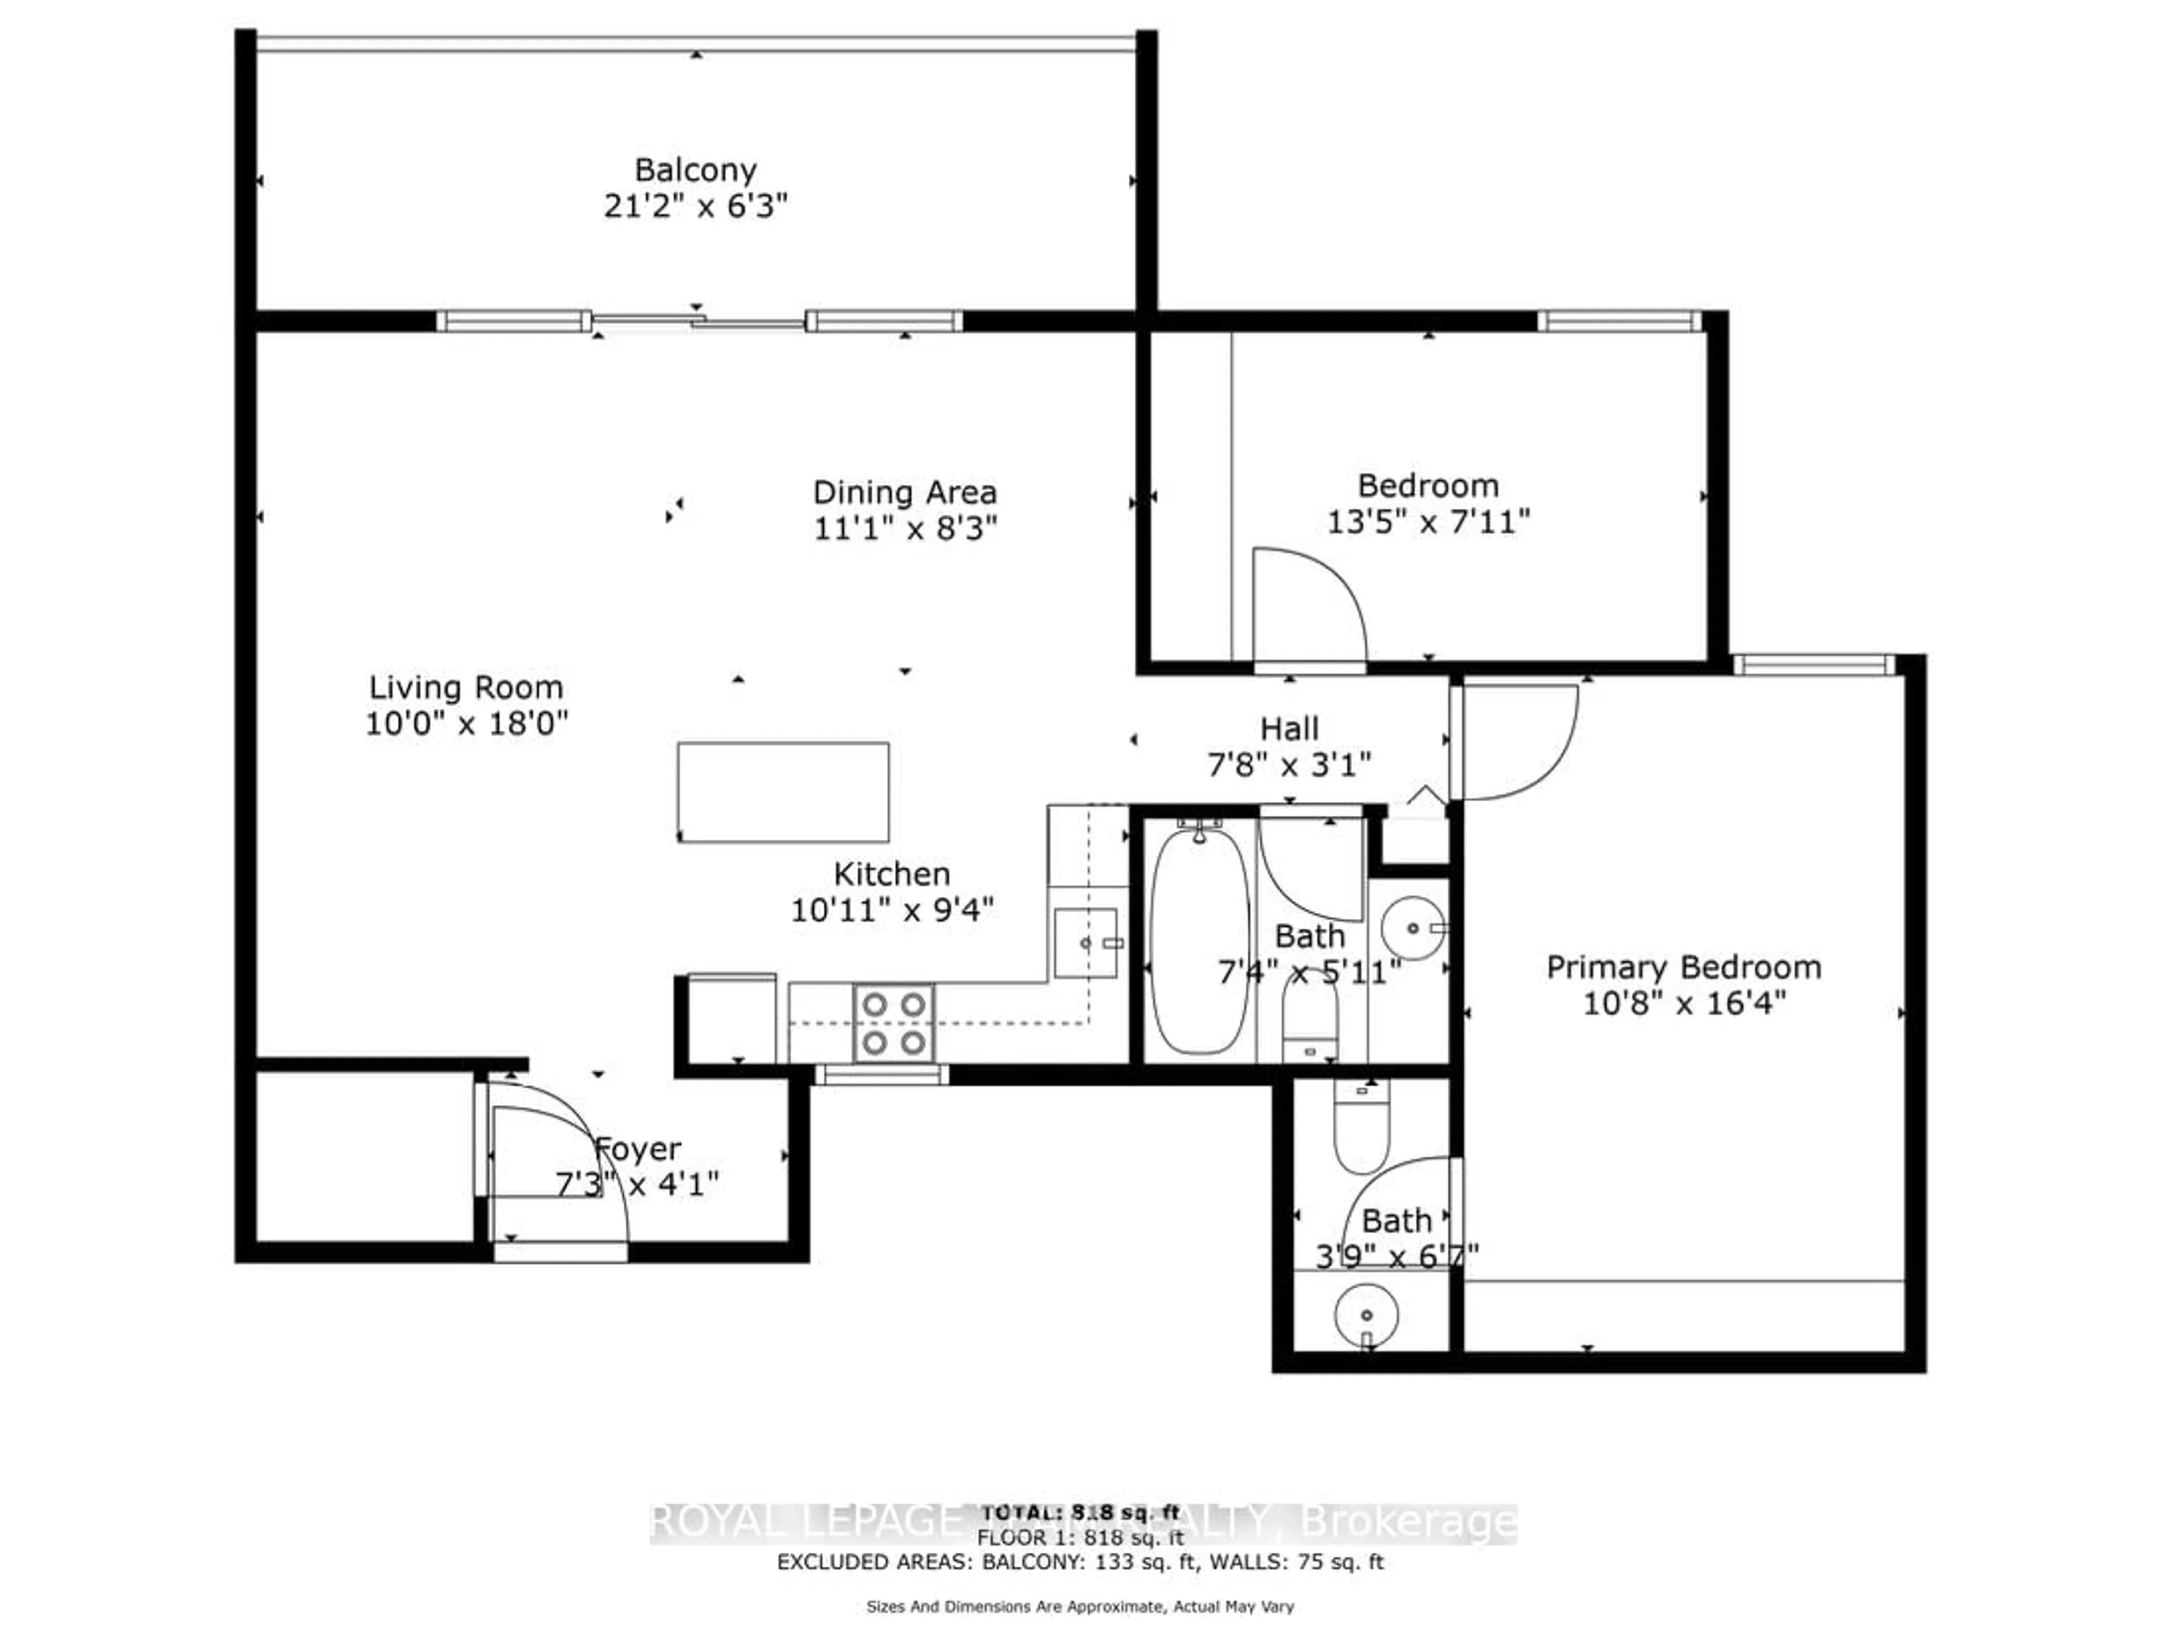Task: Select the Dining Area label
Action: (x=904, y=492)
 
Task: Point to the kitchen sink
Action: (x=1085, y=942)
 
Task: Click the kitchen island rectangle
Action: (x=783, y=792)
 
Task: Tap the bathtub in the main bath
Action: (x=1199, y=941)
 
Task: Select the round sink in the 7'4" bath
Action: (x=1413, y=927)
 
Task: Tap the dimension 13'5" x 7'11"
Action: (x=1427, y=522)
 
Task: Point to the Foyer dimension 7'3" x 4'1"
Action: (x=637, y=1185)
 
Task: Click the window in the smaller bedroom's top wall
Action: (x=1620, y=321)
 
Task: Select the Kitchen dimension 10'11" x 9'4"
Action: (x=892, y=910)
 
